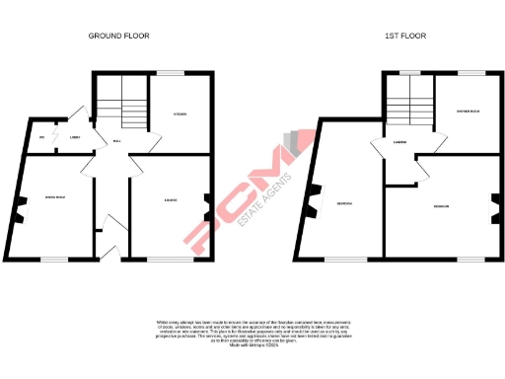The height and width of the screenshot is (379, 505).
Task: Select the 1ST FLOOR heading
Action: point(403,37)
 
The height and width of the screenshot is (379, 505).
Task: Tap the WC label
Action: point(42,137)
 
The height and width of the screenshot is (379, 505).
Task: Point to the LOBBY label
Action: point(74,137)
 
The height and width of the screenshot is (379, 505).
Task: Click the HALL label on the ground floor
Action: point(116,141)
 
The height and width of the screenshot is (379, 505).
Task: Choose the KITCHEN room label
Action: point(180,115)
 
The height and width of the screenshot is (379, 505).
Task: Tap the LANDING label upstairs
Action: point(400,142)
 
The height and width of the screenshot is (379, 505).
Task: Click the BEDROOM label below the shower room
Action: point(441,206)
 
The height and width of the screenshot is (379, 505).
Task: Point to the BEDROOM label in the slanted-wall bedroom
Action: point(345,203)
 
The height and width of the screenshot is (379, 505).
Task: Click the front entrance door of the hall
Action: point(110,251)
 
